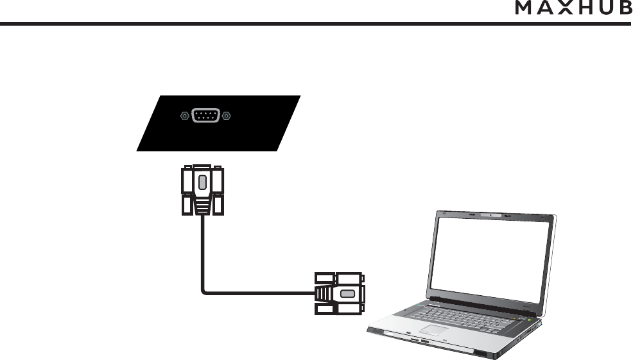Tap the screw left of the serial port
184,117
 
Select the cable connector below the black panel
202,190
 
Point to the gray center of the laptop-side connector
347,294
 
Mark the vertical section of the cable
202,250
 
